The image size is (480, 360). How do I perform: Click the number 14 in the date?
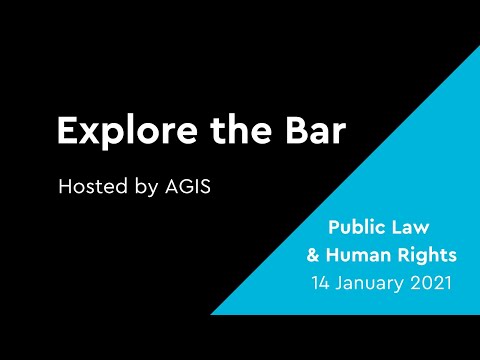click(322, 283)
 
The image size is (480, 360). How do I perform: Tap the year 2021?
click(431, 283)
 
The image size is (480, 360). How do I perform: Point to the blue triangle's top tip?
click(479, 46)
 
